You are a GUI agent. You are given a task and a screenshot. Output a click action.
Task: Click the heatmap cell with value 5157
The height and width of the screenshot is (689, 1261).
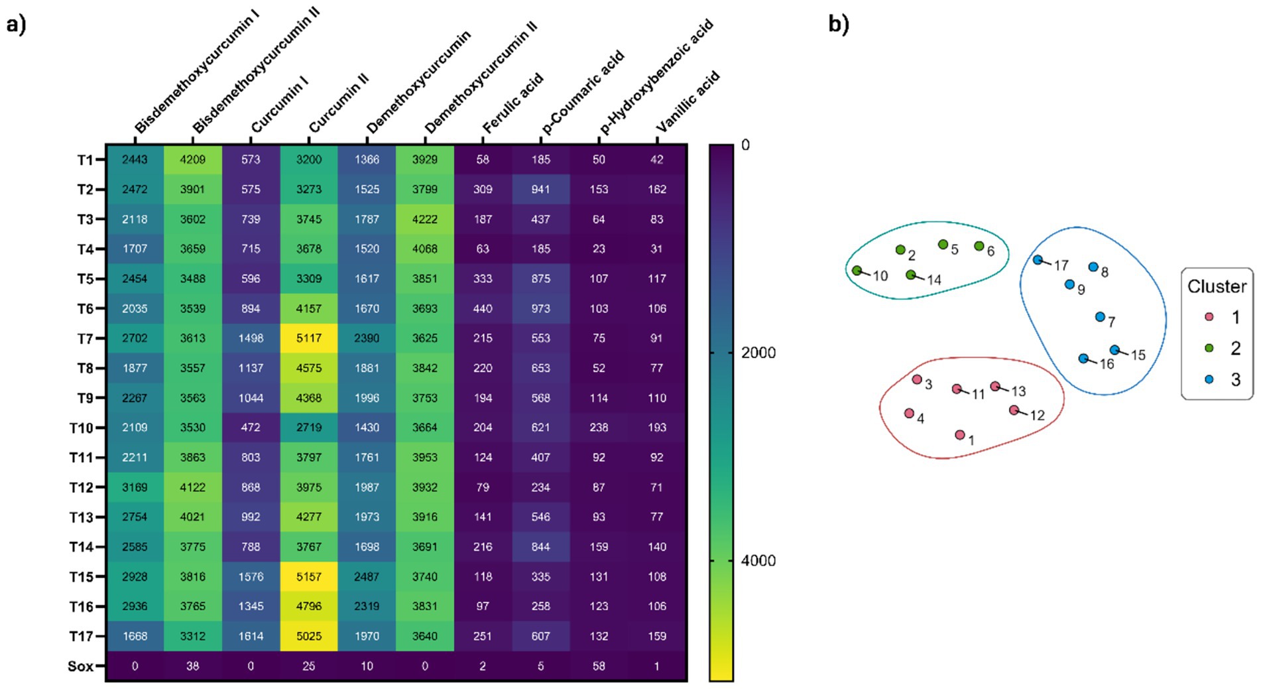309,576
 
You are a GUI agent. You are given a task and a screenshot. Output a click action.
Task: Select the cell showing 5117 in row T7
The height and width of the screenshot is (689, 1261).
309,338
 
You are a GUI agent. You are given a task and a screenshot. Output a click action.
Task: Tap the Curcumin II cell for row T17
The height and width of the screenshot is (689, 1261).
309,636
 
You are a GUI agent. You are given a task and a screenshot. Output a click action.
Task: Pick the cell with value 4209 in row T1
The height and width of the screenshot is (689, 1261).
192,159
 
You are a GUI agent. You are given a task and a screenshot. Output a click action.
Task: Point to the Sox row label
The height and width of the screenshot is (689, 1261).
81,666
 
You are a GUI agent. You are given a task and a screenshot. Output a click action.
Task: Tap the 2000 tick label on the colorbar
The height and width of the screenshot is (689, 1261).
758,353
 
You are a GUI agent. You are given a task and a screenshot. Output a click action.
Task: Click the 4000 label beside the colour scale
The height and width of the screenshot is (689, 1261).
758,561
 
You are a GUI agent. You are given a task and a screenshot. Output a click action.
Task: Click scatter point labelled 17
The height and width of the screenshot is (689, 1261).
1038,260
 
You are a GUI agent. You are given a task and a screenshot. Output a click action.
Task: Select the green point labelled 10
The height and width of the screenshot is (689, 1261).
857,271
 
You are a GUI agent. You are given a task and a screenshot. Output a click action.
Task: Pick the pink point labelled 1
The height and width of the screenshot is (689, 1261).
959,435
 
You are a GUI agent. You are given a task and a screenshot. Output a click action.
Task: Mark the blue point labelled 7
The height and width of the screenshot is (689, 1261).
1100,317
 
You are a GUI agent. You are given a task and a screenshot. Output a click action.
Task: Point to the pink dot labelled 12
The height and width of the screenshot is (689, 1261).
1014,410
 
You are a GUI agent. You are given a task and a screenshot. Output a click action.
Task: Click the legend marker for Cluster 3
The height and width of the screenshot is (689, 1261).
1209,379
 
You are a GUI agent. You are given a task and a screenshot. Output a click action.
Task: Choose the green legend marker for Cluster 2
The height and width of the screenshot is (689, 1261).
1209,348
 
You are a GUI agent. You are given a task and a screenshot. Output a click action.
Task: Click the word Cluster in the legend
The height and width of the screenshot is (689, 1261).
1217,286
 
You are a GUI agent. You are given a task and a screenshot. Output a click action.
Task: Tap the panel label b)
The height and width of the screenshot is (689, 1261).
838,24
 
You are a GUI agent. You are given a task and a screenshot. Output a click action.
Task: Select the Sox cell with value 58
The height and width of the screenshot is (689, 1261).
599,666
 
